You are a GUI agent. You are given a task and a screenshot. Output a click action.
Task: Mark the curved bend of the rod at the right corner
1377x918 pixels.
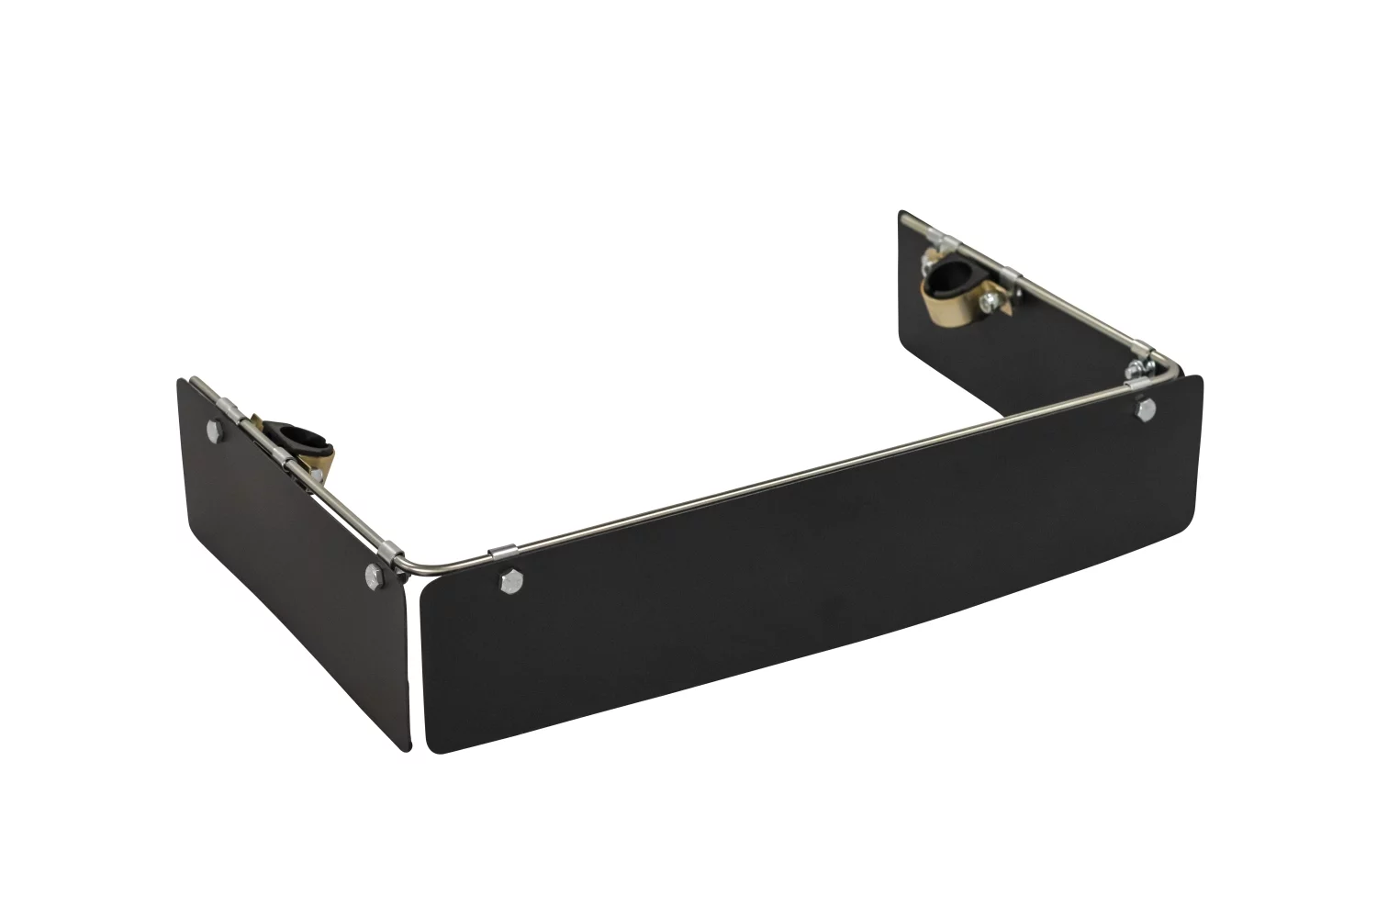point(1170,364)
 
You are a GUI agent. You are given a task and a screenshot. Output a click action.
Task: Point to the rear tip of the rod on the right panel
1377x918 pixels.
point(905,220)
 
